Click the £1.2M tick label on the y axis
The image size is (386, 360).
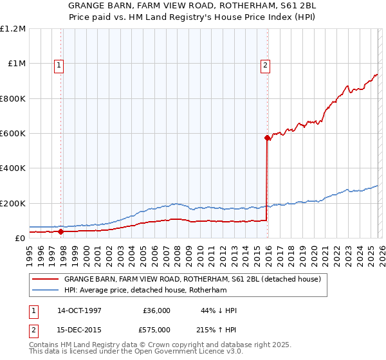(13, 29)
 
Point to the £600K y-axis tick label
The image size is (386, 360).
(13, 134)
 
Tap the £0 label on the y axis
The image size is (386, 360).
(19, 239)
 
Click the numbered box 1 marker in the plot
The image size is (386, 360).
(59, 64)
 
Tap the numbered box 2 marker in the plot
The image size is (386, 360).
(265, 64)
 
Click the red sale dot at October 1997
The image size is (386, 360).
(60, 231)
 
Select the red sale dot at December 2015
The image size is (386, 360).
(266, 138)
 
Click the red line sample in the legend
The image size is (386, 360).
(46, 280)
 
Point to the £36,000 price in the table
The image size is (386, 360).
(156, 310)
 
